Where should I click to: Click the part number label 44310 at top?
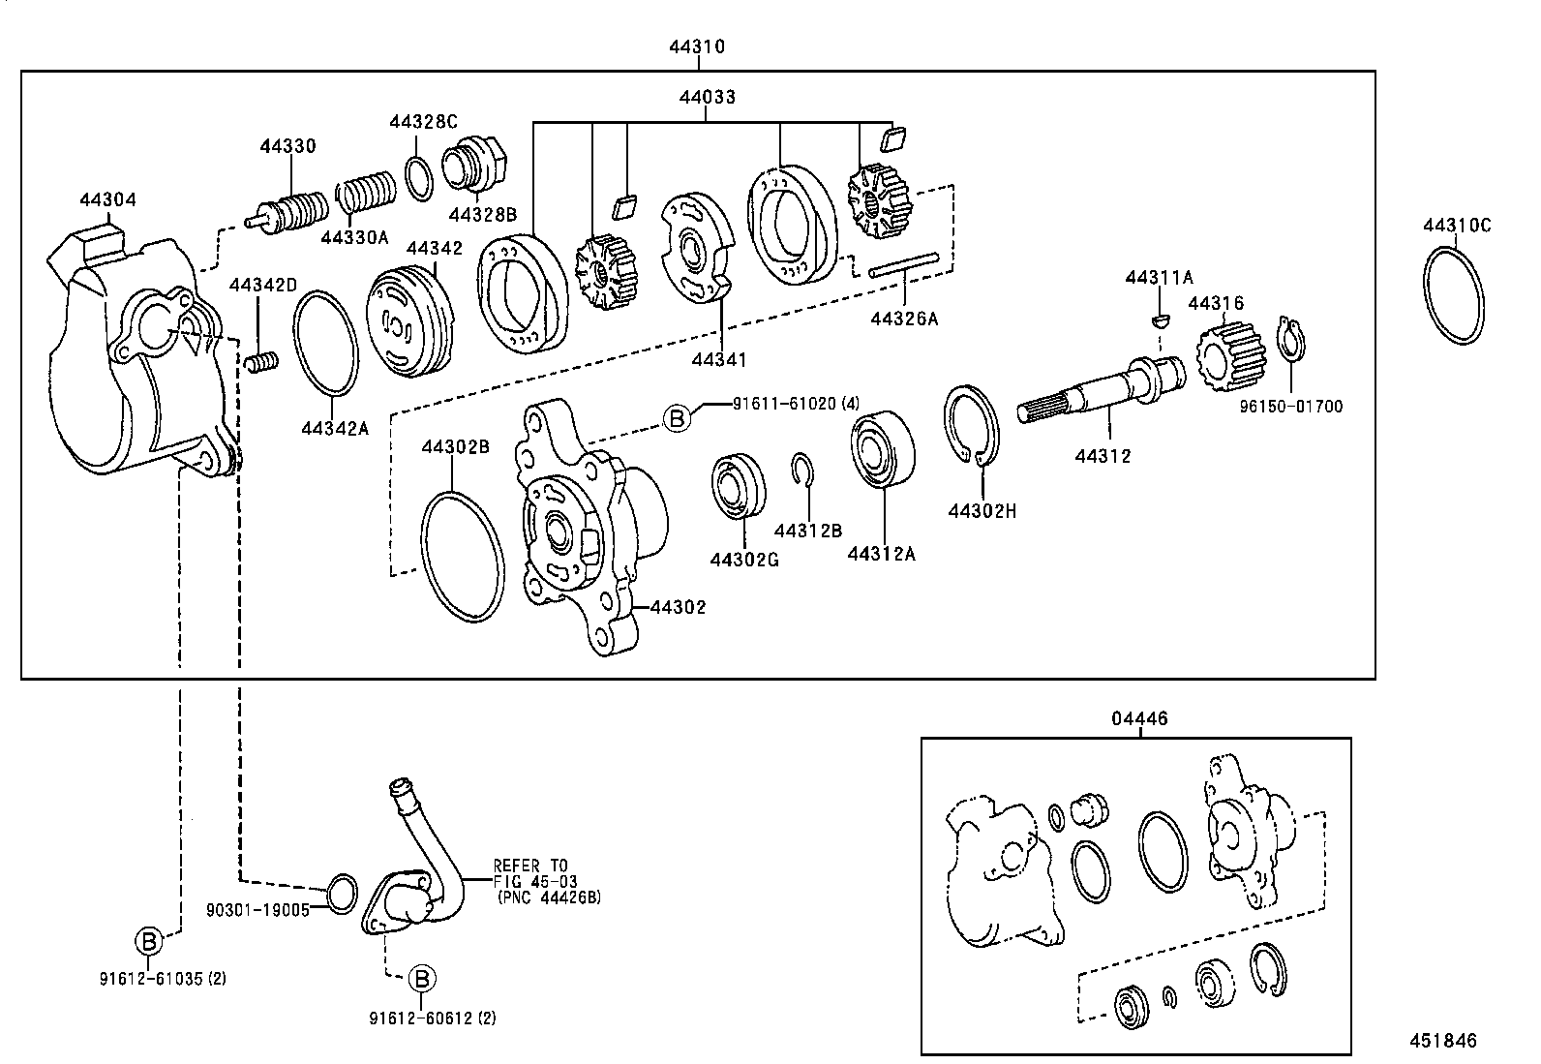pos(696,46)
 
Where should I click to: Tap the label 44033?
pos(706,97)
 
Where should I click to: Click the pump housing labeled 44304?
pos(136,368)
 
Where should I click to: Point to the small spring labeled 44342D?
pos(258,362)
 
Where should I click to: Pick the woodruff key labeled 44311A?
pos(1158,319)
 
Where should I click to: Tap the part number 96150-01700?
pos(1291,407)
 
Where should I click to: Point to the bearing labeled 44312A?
pos(882,449)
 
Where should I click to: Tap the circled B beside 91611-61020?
pos(678,418)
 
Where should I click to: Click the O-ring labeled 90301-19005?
pos(339,892)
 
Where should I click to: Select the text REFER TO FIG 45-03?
pos(532,872)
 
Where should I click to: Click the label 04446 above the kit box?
pos(1139,718)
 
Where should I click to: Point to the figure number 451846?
pos(1443,1040)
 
